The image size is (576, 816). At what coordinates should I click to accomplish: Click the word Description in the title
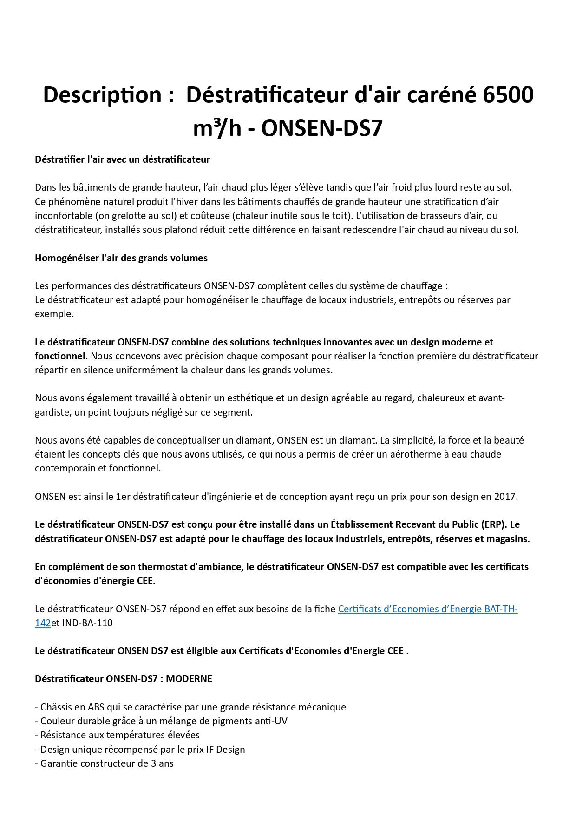point(102,95)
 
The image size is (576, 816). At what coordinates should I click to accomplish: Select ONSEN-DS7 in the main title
point(321,128)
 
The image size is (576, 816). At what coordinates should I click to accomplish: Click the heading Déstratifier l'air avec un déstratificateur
point(123,159)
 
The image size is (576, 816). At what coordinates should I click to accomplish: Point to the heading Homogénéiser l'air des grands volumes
point(121,258)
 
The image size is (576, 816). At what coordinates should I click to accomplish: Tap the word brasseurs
point(440,216)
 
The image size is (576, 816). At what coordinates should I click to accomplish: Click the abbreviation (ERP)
point(493,524)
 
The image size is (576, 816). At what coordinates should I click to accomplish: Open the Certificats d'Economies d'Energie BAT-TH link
point(427,609)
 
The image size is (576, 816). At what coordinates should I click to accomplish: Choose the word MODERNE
point(189,679)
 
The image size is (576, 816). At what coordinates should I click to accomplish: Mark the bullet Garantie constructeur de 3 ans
point(107,763)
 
